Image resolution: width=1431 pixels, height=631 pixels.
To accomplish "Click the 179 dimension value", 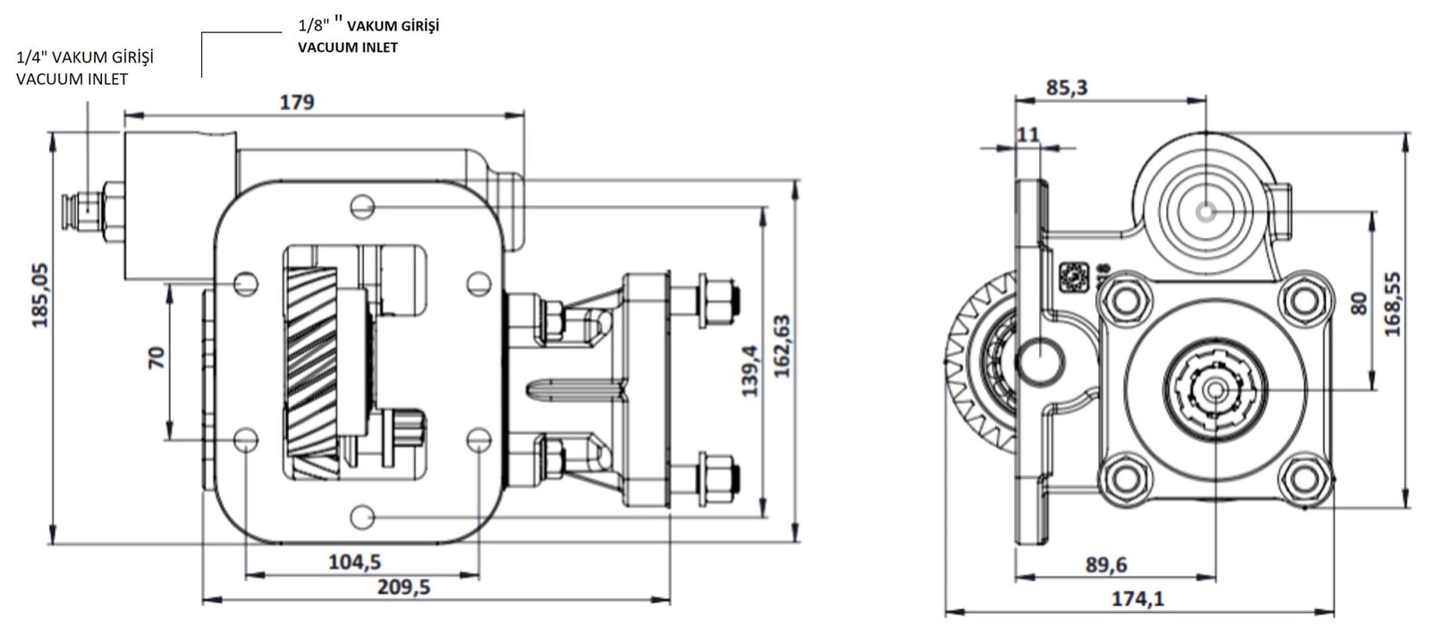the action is [297, 102].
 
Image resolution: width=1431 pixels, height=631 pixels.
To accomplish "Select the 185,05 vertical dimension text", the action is [41, 295].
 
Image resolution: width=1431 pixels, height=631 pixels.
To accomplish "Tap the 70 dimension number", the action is [157, 358].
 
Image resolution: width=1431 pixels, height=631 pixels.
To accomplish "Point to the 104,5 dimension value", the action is [354, 562].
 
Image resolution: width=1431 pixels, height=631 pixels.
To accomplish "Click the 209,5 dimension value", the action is [403, 587].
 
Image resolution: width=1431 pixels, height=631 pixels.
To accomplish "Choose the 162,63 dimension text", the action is [782, 345].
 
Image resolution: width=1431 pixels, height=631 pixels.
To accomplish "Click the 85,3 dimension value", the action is [1066, 88].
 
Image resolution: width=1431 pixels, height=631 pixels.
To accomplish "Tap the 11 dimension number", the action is [1028, 135].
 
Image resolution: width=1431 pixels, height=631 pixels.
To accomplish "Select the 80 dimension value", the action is [1359, 303].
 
